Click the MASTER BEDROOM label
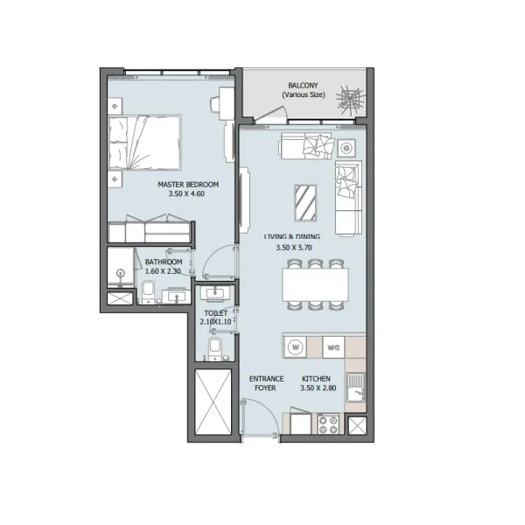pyautogui.click(x=187, y=185)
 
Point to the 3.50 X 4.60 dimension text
pyautogui.click(x=187, y=194)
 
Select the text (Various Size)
pyautogui.click(x=302, y=94)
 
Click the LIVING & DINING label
pyautogui.click(x=292, y=236)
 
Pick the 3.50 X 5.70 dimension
pyautogui.click(x=293, y=247)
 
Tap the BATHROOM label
pyautogui.click(x=163, y=262)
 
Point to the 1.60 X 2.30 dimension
pyautogui.click(x=163, y=271)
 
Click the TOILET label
pyautogui.click(x=215, y=311)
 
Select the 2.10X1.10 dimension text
pyautogui.click(x=215, y=321)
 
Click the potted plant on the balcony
pyautogui.click(x=347, y=97)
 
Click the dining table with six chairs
pyautogui.click(x=314, y=283)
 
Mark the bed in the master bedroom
pyautogui.click(x=145, y=144)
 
